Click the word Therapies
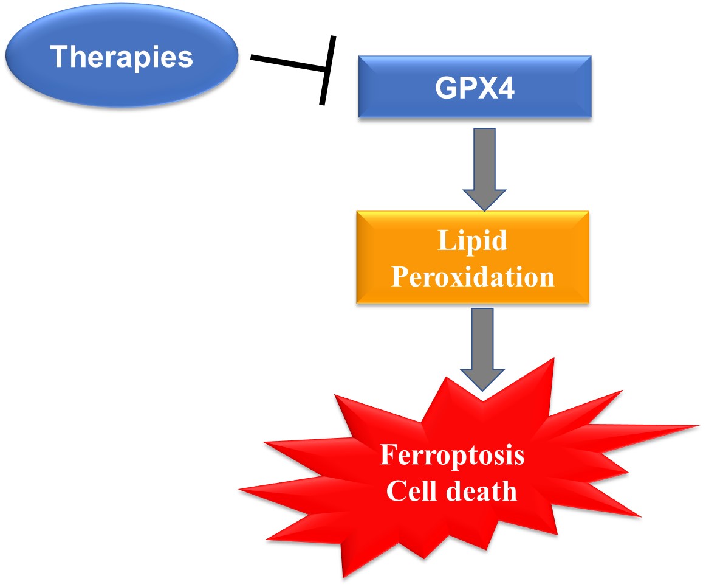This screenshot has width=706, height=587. tap(122, 57)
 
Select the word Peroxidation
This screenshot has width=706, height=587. tap(472, 277)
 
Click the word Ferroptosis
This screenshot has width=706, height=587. tap(452, 455)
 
